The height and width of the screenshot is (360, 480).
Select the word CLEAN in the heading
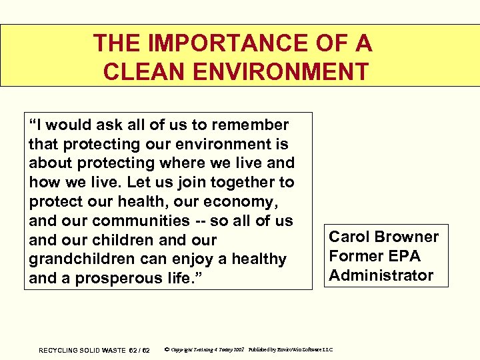pos(137,71)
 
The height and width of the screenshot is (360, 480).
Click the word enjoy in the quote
pos(217,259)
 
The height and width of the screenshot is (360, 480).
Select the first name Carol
pos(349,237)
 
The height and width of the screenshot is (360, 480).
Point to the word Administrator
pos(381,275)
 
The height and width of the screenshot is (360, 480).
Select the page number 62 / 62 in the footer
pos(139,351)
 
